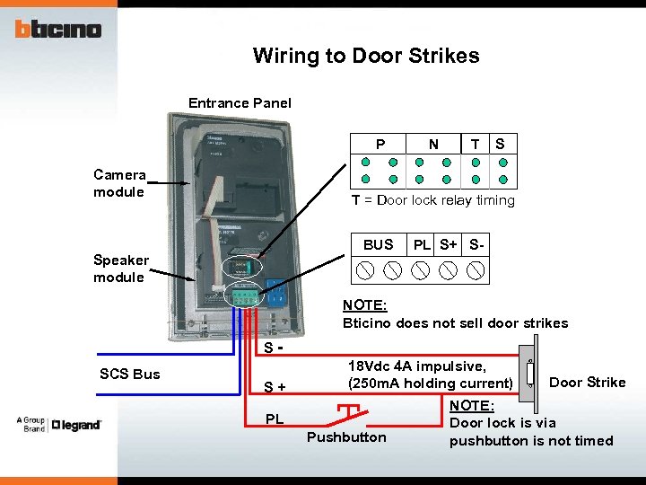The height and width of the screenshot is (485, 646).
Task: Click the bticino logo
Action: [57, 29]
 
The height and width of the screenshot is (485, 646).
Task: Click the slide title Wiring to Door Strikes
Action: [366, 56]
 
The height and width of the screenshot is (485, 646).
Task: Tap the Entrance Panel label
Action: [240, 103]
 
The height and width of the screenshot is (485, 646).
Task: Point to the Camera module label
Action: [119, 183]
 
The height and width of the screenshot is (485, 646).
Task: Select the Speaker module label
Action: [120, 269]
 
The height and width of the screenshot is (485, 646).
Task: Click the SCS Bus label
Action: [129, 374]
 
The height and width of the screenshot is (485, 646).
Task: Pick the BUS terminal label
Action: [378, 244]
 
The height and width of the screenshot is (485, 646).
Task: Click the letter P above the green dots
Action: [380, 144]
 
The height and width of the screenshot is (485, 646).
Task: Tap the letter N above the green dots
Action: [433, 144]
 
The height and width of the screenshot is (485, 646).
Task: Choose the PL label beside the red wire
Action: [275, 419]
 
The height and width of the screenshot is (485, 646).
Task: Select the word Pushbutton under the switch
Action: [346, 437]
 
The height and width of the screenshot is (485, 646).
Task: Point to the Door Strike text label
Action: [587, 383]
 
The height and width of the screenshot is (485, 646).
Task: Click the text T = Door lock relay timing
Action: [432, 200]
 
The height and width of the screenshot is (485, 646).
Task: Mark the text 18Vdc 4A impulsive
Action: [416, 366]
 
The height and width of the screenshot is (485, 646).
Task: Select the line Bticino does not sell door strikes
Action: [455, 323]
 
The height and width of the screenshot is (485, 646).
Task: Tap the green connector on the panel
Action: [244, 294]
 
